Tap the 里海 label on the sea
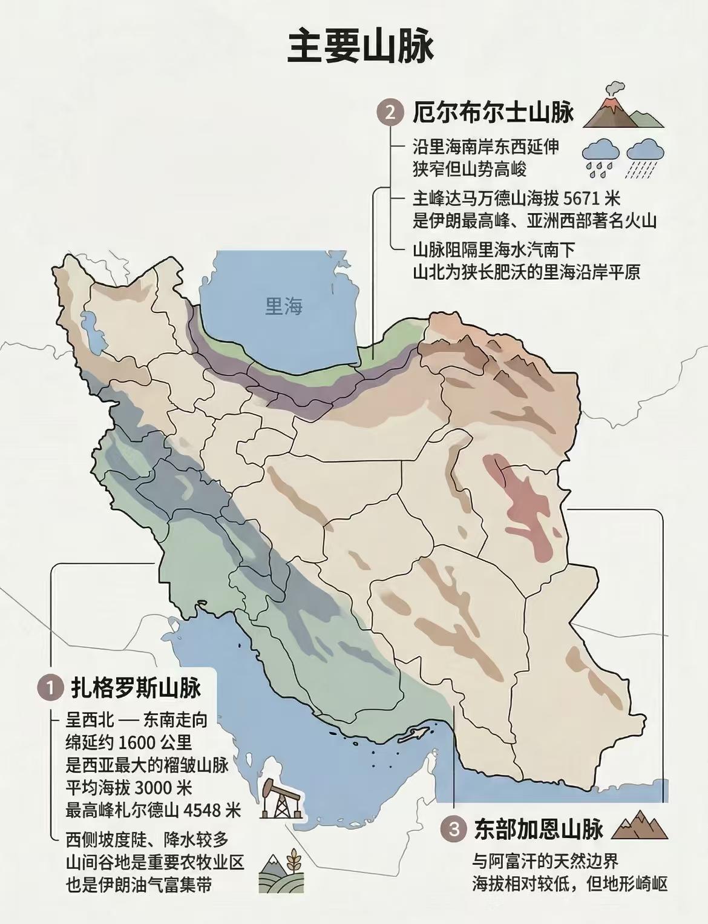pyautogui.click(x=283, y=306)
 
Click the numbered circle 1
pyautogui.click(x=50, y=688)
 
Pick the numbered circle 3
pyautogui.click(x=454, y=829)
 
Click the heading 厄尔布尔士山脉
pyautogui.click(x=493, y=113)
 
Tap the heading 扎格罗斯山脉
pyautogui.click(x=136, y=688)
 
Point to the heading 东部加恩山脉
pyautogui.click(x=539, y=829)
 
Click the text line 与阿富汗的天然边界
pyautogui.click(x=545, y=861)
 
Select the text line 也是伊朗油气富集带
pyautogui.click(x=139, y=885)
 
